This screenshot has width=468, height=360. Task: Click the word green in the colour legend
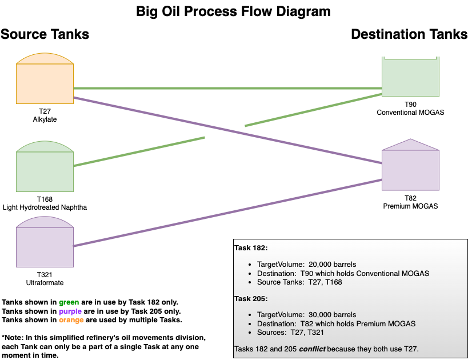pos(69,302)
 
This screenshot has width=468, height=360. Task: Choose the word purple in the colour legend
pos(70,311)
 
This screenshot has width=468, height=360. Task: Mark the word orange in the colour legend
pos(71,320)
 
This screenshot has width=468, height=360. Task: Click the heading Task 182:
pos(251,248)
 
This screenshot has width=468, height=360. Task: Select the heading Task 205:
pos(251,298)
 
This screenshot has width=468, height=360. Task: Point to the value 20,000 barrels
pos(332,265)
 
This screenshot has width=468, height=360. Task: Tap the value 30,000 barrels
pos(332,315)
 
